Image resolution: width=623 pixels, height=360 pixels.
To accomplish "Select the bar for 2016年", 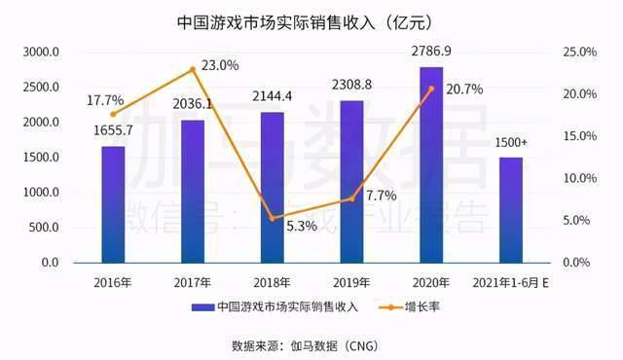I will [x=113, y=204].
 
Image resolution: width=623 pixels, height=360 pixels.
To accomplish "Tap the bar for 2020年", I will [x=431, y=165].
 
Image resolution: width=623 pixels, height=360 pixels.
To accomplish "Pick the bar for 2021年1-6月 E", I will [x=510, y=210].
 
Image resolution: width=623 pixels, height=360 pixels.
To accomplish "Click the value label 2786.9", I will [x=431, y=50].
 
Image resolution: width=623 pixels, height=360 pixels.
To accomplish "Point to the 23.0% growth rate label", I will [x=219, y=66].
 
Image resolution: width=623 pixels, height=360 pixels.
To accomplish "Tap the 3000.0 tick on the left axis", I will [x=42, y=52].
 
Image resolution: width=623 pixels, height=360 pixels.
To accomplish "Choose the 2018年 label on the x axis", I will [x=272, y=282].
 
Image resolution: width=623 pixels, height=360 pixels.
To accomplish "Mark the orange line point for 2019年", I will [x=351, y=198].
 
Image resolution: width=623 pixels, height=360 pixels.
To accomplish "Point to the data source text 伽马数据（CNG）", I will [x=344, y=344].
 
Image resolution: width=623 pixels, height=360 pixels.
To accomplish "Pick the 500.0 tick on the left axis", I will [x=42, y=228].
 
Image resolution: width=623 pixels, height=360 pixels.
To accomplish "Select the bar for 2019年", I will [x=351, y=182].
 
